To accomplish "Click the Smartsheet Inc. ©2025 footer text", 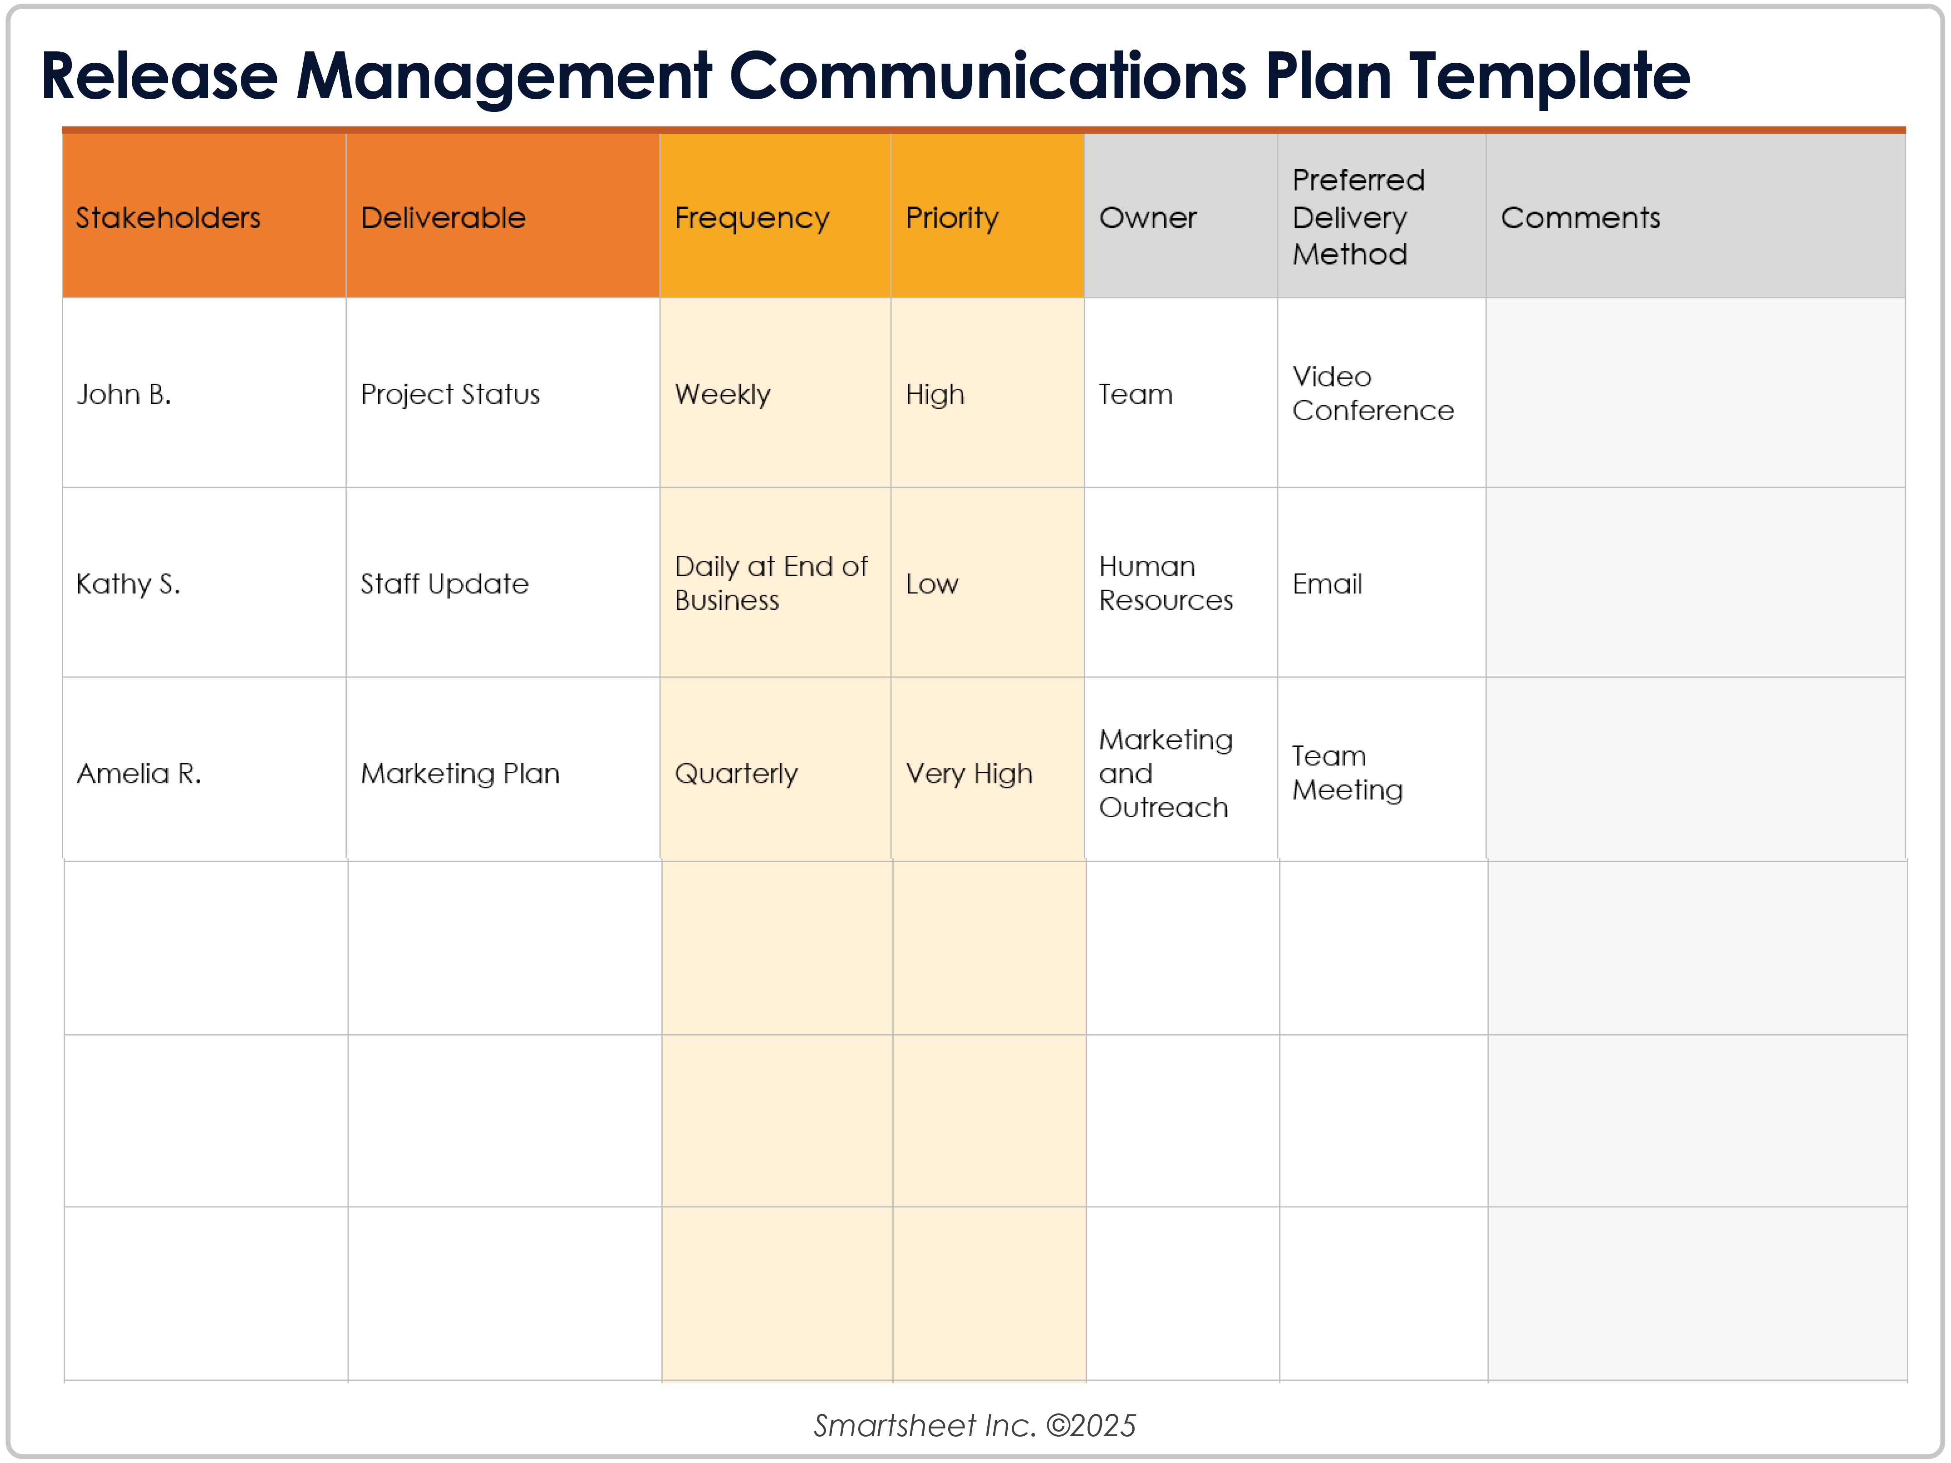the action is [x=975, y=1425].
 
